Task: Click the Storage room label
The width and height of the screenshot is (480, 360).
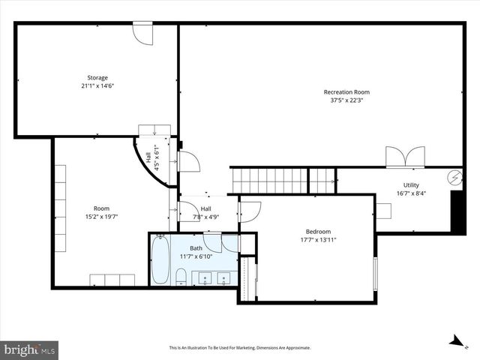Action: [x=97, y=77]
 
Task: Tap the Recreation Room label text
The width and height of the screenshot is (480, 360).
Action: [x=346, y=92]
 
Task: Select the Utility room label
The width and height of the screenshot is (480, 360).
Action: [x=411, y=185]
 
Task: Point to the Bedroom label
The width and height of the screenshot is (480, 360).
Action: [x=318, y=232]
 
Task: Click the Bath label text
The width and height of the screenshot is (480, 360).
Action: [x=196, y=248]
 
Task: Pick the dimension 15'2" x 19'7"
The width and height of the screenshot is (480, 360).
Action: [x=101, y=217]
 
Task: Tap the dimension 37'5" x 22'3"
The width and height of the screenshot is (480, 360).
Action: [x=346, y=100]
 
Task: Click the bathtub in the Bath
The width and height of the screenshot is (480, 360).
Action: [x=160, y=260]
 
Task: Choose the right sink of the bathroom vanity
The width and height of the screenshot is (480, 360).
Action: [x=223, y=280]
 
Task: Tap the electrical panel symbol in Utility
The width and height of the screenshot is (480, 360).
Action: [x=455, y=178]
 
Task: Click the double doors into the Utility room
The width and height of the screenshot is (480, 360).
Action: [x=405, y=157]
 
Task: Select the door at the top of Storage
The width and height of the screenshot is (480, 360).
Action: [x=142, y=33]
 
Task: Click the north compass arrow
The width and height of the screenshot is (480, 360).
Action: [x=455, y=340]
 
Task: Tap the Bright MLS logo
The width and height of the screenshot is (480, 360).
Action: [x=30, y=349]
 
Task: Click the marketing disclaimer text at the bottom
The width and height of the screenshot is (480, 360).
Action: [x=239, y=348]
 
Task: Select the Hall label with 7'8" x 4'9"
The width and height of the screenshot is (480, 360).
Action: [x=205, y=213]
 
